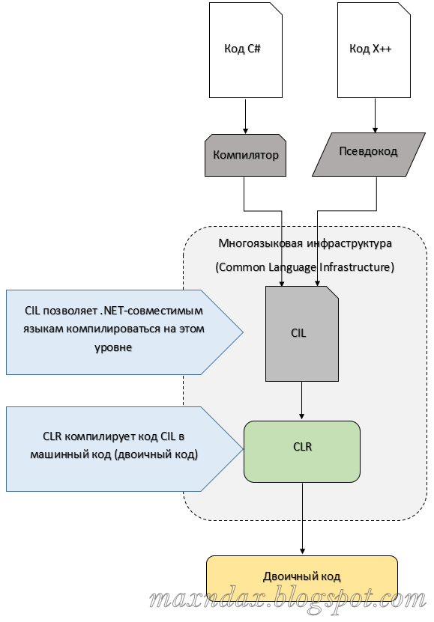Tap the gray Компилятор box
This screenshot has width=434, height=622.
click(245, 156)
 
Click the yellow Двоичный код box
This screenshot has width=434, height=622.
click(302, 576)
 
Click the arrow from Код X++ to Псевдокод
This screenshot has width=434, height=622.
click(373, 116)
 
